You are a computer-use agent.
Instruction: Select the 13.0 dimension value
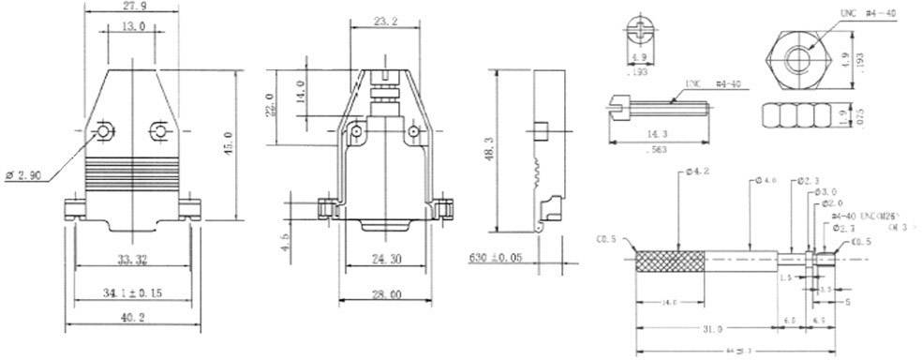tap(133, 28)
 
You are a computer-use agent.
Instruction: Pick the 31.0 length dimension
tap(710, 329)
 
